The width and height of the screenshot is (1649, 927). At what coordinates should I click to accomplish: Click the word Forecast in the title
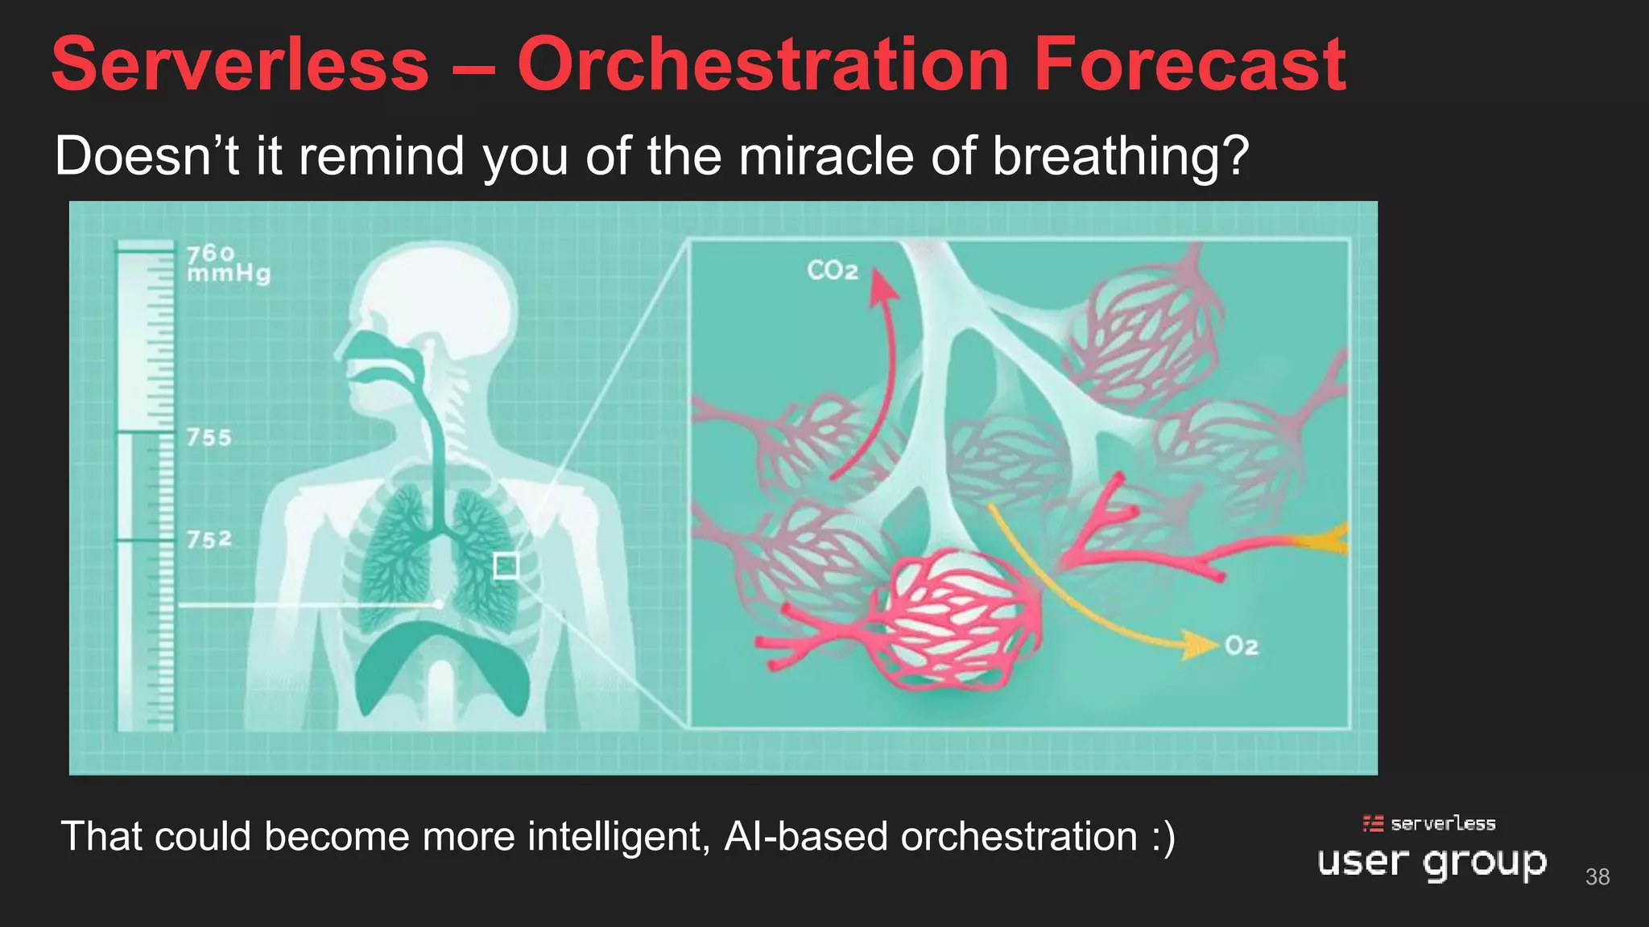(1189, 64)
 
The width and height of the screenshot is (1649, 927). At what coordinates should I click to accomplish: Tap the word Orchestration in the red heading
(763, 64)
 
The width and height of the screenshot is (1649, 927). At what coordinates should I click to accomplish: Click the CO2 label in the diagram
(833, 270)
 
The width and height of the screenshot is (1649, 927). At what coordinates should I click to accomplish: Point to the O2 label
(1241, 646)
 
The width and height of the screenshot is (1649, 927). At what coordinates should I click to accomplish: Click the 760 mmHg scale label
(228, 264)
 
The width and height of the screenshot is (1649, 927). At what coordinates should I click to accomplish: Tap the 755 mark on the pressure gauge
(209, 438)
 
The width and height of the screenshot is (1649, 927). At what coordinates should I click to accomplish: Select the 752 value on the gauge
(209, 539)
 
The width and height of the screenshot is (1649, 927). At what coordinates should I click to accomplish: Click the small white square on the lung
(506, 566)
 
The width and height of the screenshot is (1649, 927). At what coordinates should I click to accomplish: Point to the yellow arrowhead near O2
(1200, 645)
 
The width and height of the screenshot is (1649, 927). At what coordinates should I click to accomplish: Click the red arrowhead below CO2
(883, 286)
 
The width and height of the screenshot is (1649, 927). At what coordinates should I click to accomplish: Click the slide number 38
(1597, 876)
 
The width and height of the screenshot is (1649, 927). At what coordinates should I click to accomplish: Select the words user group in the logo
(1432, 863)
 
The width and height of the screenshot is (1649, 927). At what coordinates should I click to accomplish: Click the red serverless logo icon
(1373, 823)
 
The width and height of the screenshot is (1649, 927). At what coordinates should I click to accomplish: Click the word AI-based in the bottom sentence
(808, 837)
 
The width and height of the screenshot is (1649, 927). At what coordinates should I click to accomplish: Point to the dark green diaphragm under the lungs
(441, 660)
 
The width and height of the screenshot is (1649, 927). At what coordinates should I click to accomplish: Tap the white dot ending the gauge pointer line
(438, 604)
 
